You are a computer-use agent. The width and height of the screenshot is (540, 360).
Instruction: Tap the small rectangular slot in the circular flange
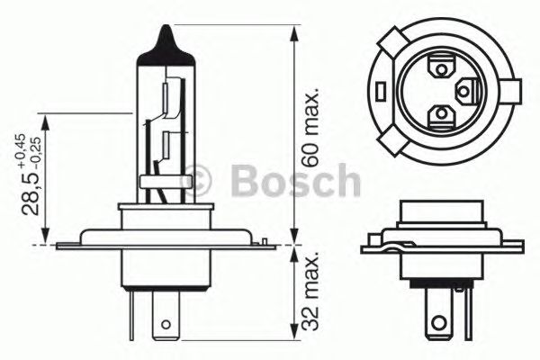(x=381, y=91)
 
